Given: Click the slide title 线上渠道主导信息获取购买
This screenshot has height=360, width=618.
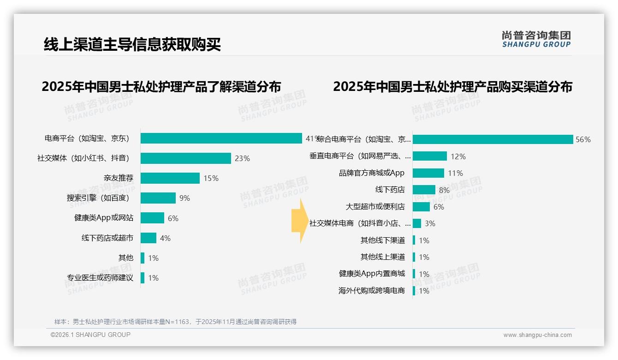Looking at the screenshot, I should click(132, 44).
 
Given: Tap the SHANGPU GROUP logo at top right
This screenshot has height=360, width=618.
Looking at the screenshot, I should click(536, 39).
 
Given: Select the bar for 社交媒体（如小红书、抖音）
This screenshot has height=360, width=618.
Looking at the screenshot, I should click(185, 158).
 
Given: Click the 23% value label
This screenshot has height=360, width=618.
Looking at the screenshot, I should click(242, 158).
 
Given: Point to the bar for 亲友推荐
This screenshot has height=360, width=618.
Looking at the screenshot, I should click(170, 178).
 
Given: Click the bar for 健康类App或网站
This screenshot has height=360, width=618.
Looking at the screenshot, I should click(152, 218).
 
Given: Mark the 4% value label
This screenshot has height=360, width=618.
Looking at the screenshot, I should click(165, 238).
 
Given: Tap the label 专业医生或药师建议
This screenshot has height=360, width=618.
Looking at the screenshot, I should click(100, 278).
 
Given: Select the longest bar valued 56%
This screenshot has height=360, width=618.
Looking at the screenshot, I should click(493, 139).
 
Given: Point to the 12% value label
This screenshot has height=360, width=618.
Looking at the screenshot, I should click(458, 156).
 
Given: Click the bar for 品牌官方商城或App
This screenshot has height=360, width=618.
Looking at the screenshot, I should click(428, 173).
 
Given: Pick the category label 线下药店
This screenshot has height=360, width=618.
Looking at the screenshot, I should click(390, 190).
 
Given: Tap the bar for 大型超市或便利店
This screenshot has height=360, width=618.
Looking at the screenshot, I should click(421, 207).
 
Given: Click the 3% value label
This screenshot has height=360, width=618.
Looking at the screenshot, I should click(430, 223).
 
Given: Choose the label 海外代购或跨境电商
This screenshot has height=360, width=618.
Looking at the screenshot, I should click(372, 291).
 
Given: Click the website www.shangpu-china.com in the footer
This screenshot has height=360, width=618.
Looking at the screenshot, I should click(537, 335).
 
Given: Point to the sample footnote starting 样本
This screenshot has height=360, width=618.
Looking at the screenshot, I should click(175, 322).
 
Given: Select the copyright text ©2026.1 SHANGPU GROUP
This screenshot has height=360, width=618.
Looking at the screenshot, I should click(90, 335).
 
